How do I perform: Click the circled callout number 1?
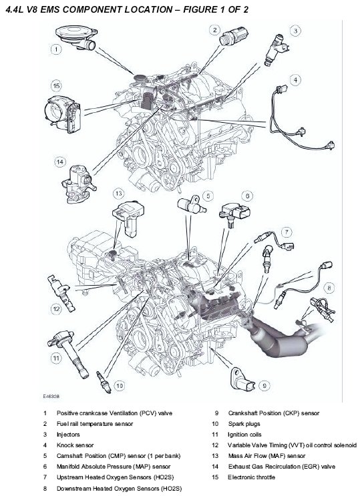pos(56,49)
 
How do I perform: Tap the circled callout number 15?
pos(56,85)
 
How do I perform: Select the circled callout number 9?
pos(264,385)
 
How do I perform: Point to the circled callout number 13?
pos(118,193)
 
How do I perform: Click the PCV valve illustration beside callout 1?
pos(77,37)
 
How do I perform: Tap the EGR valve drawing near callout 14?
pos(79,184)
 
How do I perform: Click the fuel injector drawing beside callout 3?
pos(276,50)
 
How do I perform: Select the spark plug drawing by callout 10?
pos(104,382)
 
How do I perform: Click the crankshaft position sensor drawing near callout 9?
pos(243,379)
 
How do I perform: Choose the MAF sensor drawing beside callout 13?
pos(128,218)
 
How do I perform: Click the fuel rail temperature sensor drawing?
pos(234,36)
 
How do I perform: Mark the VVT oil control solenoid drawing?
pos(61,293)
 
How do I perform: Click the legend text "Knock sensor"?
pos(75,445)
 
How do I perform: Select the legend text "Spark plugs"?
pos(244,424)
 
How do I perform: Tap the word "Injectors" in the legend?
pos(68,435)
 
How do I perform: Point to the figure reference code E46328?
pos(51,397)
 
